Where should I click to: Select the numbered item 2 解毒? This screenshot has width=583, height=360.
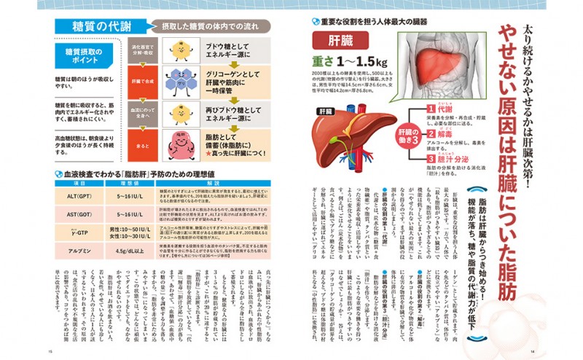point(445,133)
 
